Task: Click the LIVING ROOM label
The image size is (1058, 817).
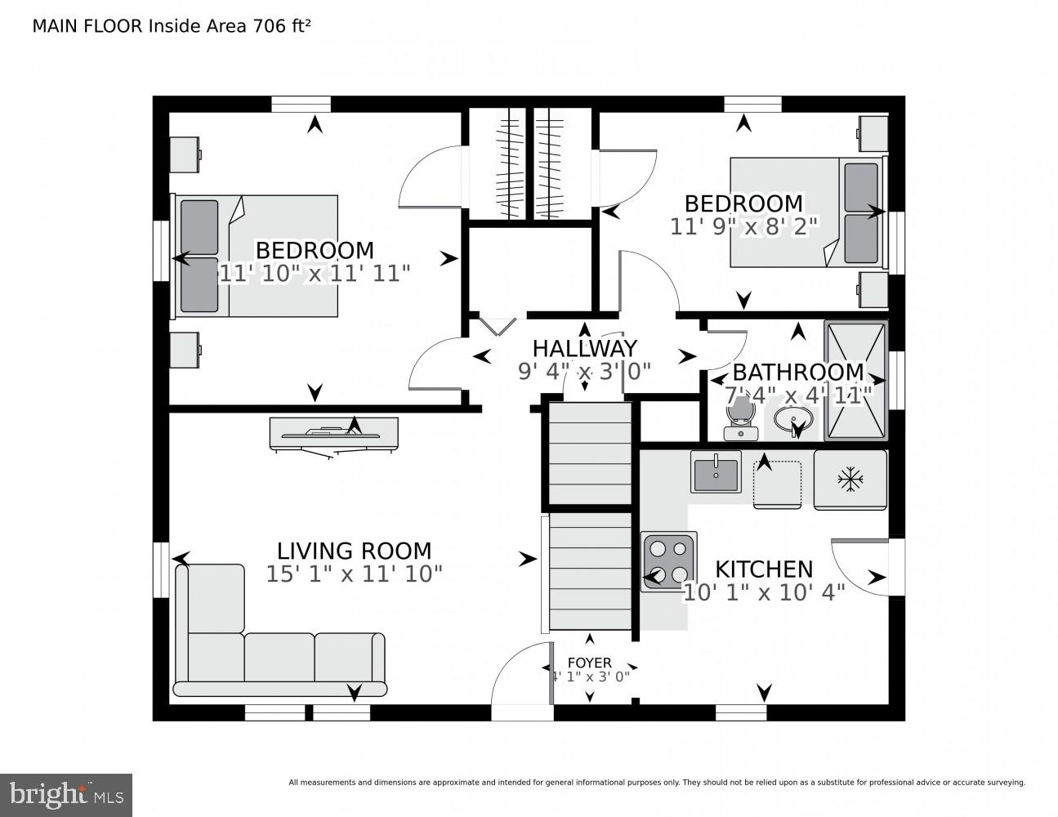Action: point(354,551)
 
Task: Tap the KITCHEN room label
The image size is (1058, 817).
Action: point(764,569)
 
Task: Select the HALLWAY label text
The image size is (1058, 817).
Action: point(584,349)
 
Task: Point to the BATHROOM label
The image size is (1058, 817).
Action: point(797,373)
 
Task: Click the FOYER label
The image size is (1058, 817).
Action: point(590,663)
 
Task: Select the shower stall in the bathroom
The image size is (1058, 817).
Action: point(855,381)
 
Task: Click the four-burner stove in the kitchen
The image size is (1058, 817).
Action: point(669,561)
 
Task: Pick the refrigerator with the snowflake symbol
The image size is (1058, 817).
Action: point(850,480)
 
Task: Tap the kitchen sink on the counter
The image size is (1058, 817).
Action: point(716,471)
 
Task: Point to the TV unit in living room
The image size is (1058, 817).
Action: point(333,434)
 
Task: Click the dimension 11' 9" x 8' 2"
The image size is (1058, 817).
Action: point(743,226)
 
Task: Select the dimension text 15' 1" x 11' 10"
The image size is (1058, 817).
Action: point(354,574)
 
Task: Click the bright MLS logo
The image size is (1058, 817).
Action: point(66,794)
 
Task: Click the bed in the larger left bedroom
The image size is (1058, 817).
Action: point(257,256)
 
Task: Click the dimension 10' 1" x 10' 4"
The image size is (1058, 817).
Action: point(764,592)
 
